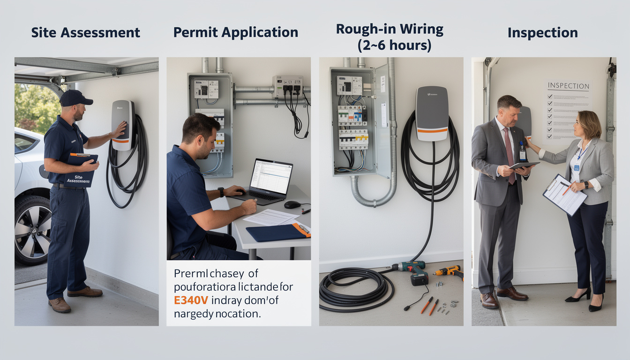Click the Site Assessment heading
(x=85, y=32)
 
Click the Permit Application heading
(x=235, y=32)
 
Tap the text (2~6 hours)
(x=390, y=46)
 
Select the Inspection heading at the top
(x=542, y=33)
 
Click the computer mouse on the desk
(x=292, y=204)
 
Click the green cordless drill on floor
(x=412, y=271)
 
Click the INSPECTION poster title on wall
(x=568, y=86)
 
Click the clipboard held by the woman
(x=564, y=194)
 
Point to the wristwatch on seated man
(x=221, y=192)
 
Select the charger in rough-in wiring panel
(x=431, y=113)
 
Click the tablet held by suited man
(x=524, y=165)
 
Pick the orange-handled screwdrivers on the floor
(x=429, y=305)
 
